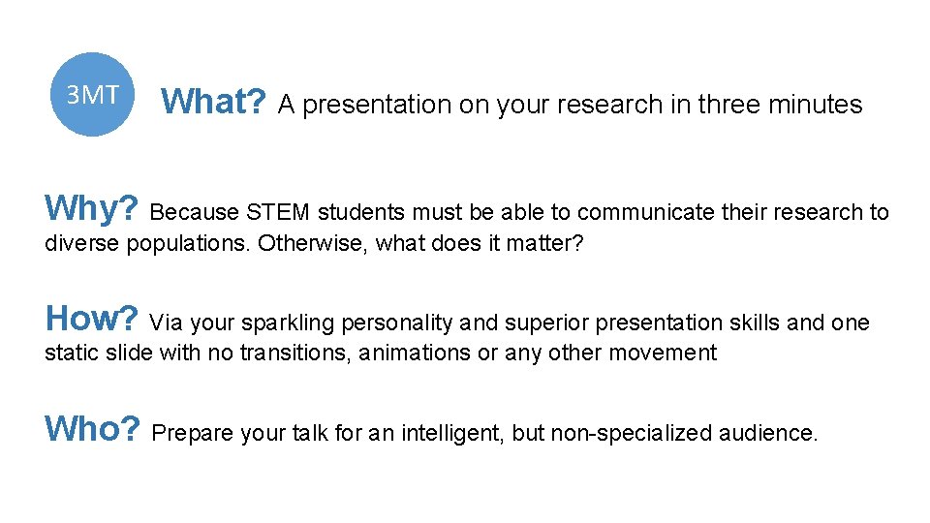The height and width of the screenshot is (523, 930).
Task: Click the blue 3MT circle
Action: click(x=92, y=94)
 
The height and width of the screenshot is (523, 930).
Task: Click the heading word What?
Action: click(x=213, y=101)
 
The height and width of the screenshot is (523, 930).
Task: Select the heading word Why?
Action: click(x=94, y=207)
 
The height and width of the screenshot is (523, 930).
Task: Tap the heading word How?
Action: click(x=94, y=318)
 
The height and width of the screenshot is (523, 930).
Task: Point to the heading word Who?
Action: click(x=94, y=428)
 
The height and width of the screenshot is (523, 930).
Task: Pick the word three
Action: click(x=725, y=105)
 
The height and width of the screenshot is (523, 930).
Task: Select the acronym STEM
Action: click(x=281, y=212)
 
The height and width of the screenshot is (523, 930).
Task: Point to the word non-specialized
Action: click(x=632, y=433)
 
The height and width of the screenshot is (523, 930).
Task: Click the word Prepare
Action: click(x=194, y=433)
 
